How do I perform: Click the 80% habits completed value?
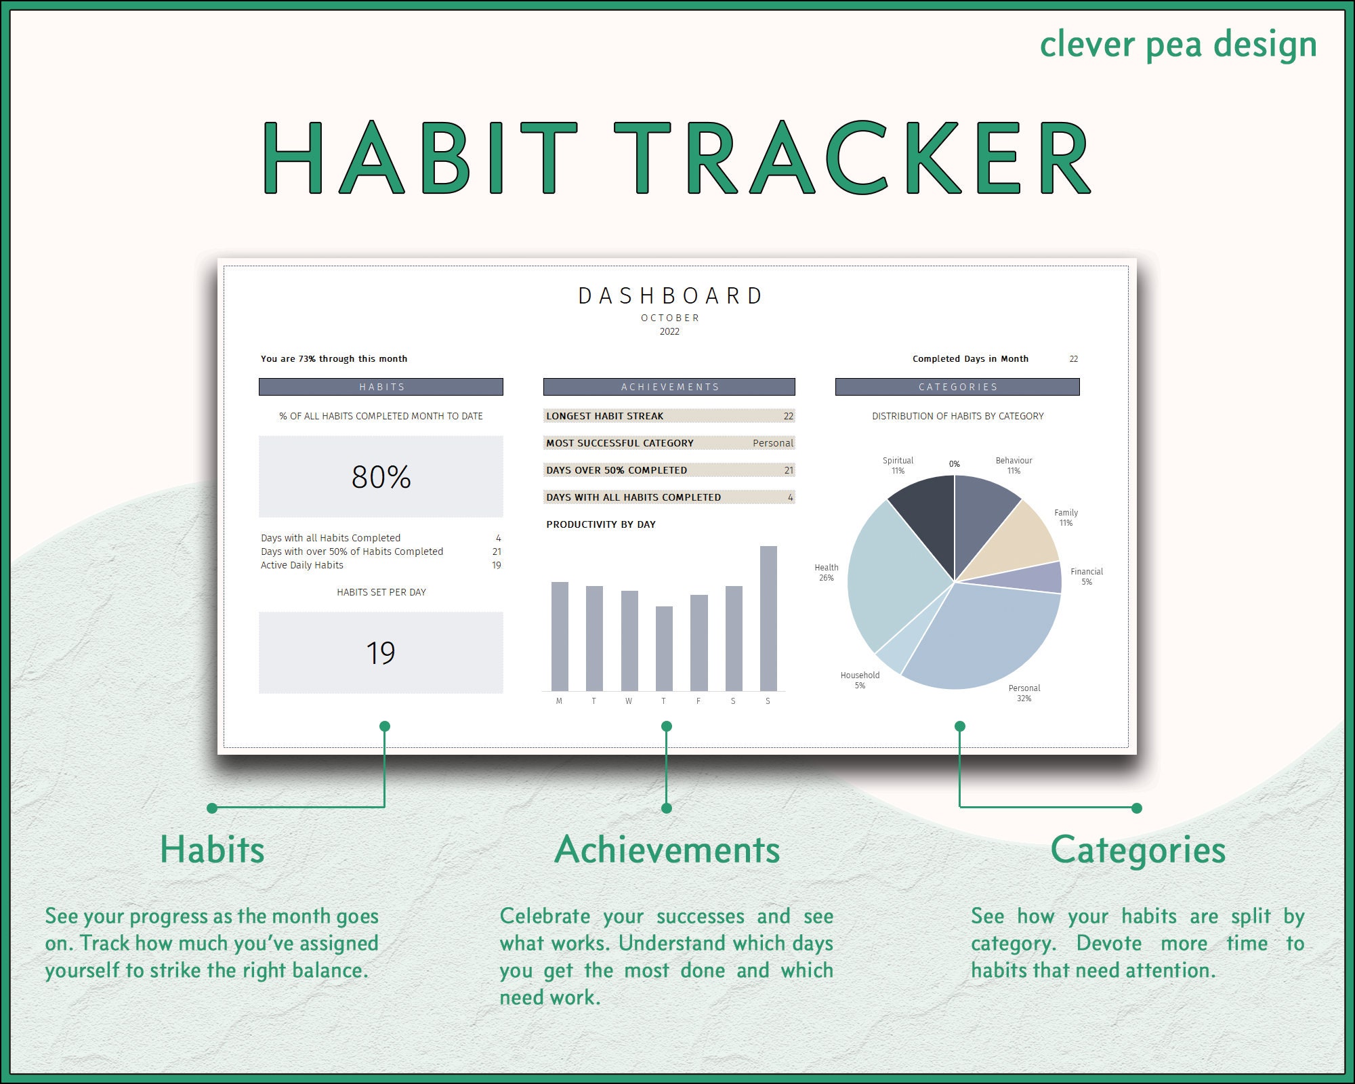(381, 477)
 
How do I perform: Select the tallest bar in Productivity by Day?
(768, 618)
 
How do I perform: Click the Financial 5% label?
(1087, 577)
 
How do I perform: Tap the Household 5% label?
(860, 680)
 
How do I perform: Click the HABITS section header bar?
(381, 387)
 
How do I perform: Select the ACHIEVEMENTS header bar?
(669, 387)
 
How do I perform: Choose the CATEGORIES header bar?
(957, 387)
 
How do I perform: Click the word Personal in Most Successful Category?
(772, 443)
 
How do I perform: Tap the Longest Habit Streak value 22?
(788, 416)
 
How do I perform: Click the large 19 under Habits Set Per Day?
(381, 653)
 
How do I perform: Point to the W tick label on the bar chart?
(629, 701)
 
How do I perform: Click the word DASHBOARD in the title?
(670, 296)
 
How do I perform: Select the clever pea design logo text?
(1177, 45)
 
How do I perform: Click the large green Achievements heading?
(667, 850)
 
